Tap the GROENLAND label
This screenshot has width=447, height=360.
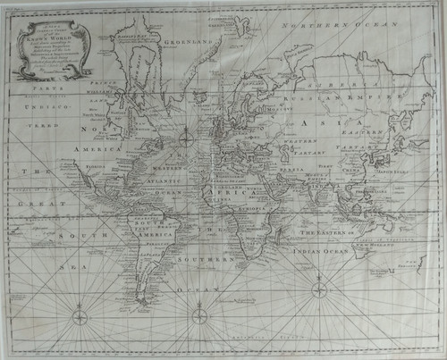(x=194, y=41)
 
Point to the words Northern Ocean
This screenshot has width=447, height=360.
(x=341, y=28)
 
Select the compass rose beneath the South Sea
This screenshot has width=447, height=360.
(x=80, y=314)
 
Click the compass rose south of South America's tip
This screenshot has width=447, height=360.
(x=198, y=312)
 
